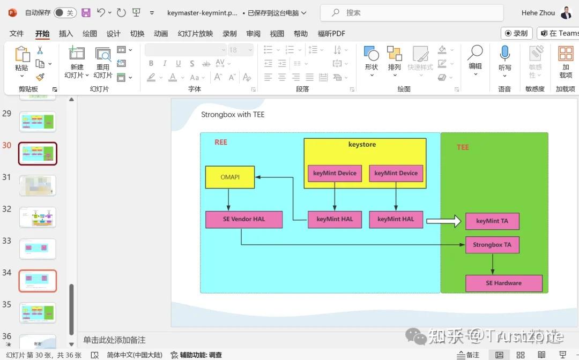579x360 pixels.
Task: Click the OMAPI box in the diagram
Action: click(229, 177)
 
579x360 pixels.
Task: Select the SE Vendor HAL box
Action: click(244, 219)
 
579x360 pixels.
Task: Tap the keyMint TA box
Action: click(492, 221)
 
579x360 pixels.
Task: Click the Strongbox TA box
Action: click(492, 245)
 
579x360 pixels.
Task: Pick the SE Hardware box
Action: click(503, 283)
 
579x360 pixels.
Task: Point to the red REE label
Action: click(221, 142)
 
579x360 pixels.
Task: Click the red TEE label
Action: click(463, 147)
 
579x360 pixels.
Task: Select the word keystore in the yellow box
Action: click(362, 144)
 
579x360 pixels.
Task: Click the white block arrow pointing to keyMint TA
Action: click(443, 221)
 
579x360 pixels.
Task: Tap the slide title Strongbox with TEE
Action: click(233, 114)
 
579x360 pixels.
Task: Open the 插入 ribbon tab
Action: click(66, 33)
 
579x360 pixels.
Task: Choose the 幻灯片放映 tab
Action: click(195, 33)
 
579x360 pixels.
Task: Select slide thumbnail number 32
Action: click(38, 217)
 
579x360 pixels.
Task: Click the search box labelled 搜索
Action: click(412, 12)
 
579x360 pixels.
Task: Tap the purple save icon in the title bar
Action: click(86, 12)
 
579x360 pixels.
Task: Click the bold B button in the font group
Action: click(151, 63)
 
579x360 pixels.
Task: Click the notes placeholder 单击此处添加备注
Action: click(114, 340)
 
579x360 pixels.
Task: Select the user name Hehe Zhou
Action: click(538, 12)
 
